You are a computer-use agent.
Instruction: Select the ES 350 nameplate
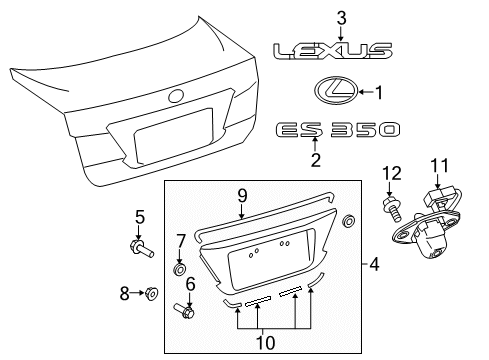336,129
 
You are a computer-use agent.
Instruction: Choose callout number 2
316,160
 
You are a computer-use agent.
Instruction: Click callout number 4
374,265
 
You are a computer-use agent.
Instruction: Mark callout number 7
181,241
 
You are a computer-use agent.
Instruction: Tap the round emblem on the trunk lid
177,96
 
